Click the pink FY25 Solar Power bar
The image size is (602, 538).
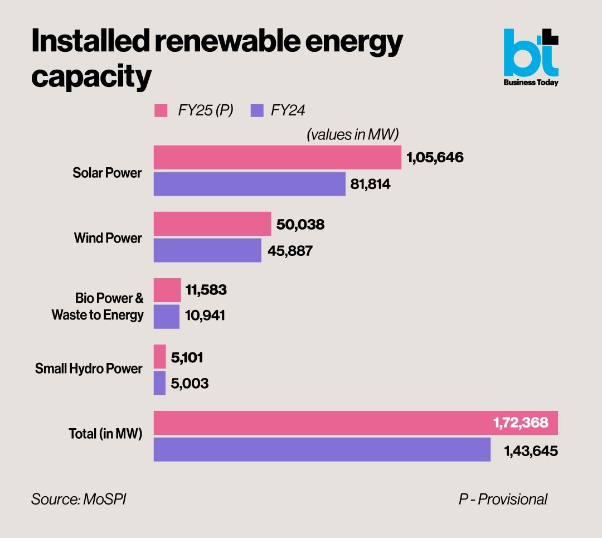[277, 157]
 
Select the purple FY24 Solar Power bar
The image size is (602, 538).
[249, 184]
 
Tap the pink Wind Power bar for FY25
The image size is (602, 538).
[212, 224]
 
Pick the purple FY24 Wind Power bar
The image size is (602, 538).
[207, 250]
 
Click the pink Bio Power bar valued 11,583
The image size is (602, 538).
[167, 290]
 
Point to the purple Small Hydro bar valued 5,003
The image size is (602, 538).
[159, 383]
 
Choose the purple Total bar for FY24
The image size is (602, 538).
[322, 449]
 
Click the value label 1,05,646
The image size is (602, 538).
[435, 158]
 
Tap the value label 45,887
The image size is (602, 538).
[290, 251]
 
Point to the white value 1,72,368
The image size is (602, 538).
[521, 423]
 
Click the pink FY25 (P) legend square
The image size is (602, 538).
[161, 110]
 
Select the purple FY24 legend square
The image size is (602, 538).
[257, 110]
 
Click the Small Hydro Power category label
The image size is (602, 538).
[89, 369]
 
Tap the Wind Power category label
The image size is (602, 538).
[108, 238]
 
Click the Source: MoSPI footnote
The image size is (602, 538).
[79, 499]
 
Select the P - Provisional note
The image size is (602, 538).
[503, 499]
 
